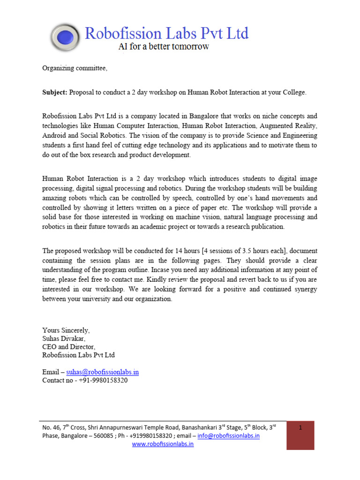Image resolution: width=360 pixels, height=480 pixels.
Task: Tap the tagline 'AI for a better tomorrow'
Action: pos(163,47)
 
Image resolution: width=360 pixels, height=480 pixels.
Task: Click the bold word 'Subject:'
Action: pos(55,92)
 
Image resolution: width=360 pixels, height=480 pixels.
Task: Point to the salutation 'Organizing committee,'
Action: pos(75,68)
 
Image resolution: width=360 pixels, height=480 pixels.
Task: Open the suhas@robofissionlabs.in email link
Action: pos(103,372)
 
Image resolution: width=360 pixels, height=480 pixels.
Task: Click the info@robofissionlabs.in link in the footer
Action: pos(228,435)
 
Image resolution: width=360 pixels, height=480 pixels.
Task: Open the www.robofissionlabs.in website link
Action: pos(163,444)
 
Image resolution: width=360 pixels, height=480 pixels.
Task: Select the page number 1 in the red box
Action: pos(300,427)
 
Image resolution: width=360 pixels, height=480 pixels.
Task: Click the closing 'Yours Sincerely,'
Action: pos(66,330)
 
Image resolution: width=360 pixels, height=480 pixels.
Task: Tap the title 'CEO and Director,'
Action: pos(68,347)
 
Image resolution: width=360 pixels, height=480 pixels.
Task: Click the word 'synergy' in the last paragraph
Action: pos(303,289)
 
